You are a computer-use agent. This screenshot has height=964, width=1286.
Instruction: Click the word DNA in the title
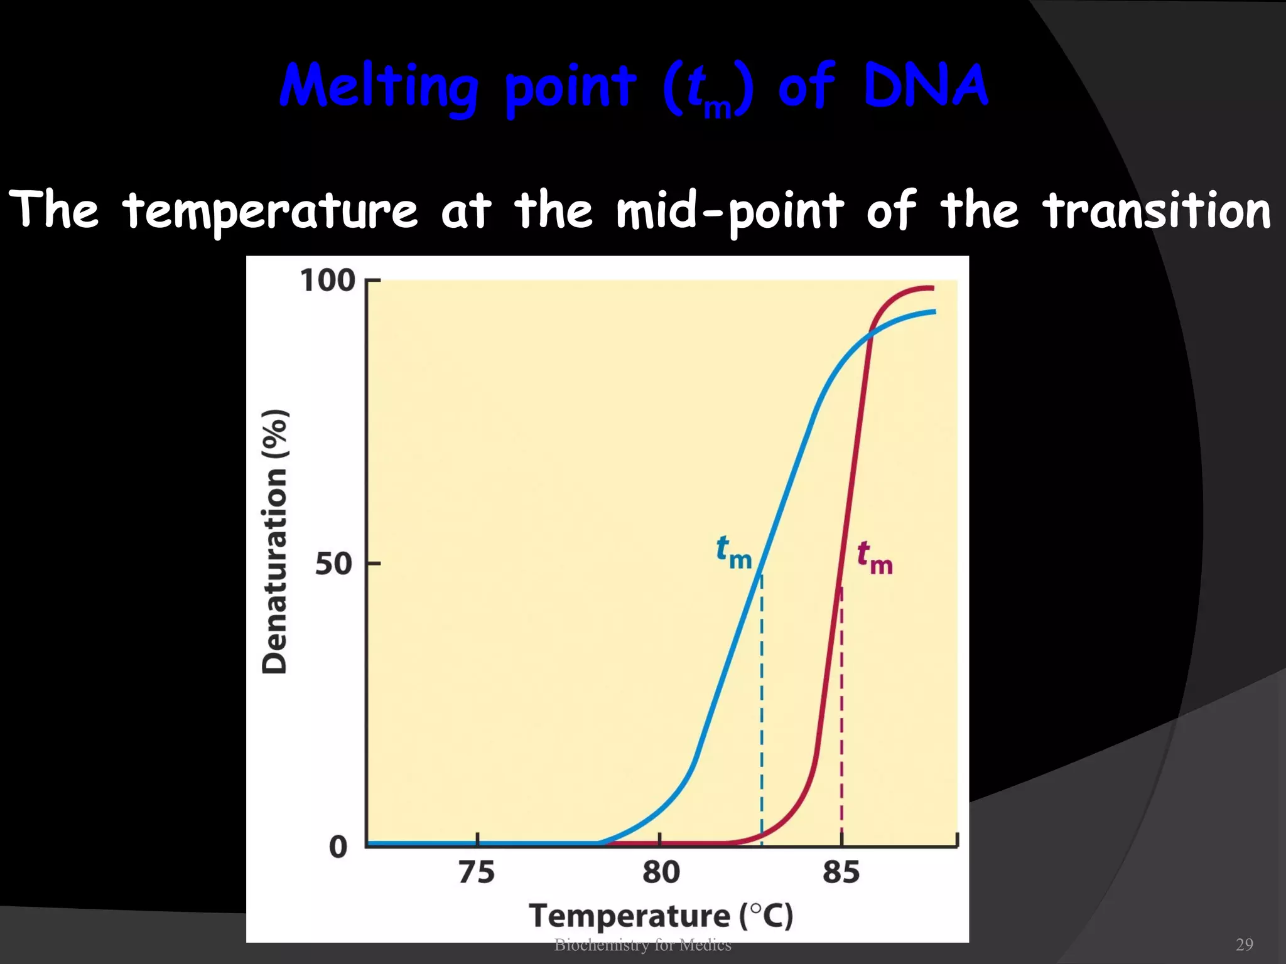(x=926, y=87)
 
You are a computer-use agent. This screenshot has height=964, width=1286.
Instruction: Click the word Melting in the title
(x=379, y=88)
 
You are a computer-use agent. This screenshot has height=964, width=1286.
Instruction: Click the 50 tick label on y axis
(x=333, y=564)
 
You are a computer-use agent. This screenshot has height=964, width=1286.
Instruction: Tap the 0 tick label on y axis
(x=338, y=847)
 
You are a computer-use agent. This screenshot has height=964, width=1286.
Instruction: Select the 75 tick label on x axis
(x=477, y=872)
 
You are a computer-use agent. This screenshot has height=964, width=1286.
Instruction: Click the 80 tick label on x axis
(x=661, y=872)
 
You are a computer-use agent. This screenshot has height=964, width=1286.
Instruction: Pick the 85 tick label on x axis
(x=841, y=872)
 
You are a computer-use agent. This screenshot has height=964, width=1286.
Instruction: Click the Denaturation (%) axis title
(x=274, y=541)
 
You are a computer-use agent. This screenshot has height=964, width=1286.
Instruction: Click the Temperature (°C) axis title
(x=661, y=916)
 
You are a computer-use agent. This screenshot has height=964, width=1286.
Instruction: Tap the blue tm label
(x=733, y=552)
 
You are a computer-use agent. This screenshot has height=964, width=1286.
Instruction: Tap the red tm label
(x=875, y=558)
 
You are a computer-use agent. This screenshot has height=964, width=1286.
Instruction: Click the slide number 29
(x=1244, y=945)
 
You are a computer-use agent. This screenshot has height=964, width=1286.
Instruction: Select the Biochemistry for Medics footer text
(x=642, y=945)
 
